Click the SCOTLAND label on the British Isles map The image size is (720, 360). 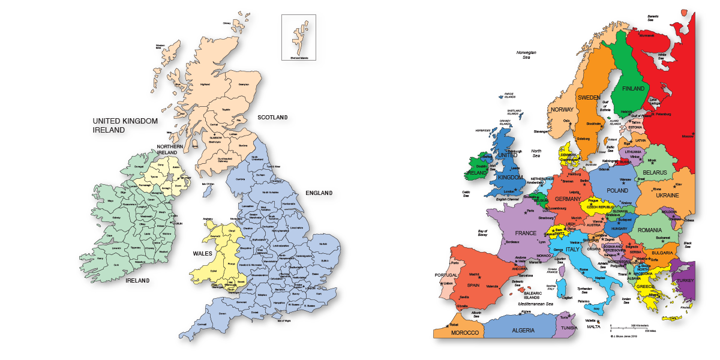point(272,117)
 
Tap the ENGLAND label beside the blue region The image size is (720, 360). point(319,193)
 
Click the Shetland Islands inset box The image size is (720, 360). point(299,37)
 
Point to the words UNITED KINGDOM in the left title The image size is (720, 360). point(125,121)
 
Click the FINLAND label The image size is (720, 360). point(633,89)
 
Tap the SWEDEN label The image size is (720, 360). point(589,97)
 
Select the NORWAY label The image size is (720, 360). point(562,110)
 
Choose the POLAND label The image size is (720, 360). point(617,190)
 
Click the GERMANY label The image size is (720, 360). point(568,199)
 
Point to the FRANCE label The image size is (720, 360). point(525,233)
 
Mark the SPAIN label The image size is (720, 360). point(473,285)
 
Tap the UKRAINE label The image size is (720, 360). point(667,196)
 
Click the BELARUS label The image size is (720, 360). point(655,173)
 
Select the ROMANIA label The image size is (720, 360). point(650,230)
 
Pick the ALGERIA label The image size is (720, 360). point(523,330)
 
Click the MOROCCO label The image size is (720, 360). point(465,332)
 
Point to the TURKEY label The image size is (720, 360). point(685,281)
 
